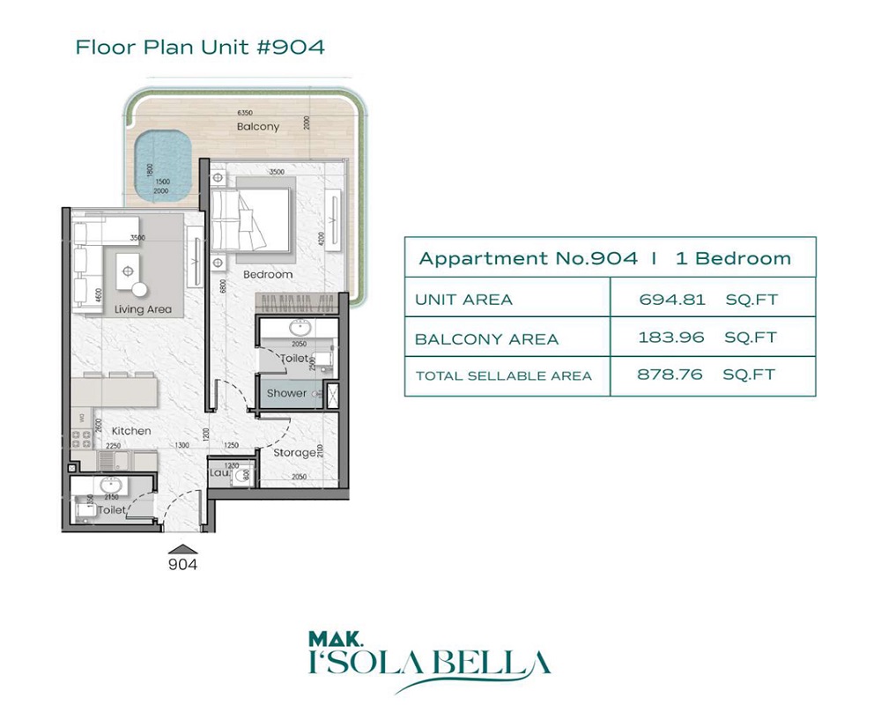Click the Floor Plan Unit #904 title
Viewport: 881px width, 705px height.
click(200, 47)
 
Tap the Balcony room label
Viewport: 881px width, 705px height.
click(258, 126)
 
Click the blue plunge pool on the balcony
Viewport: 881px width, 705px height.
click(164, 164)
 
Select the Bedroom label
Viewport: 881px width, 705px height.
click(269, 274)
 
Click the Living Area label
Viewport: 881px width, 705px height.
click(143, 309)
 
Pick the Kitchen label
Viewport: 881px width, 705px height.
click(131, 431)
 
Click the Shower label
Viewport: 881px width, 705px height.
click(286, 393)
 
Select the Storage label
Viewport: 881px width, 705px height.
click(294, 452)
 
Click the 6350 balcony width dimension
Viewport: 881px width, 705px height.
click(244, 113)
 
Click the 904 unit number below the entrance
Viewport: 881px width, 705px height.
click(182, 565)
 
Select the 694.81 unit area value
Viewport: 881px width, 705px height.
click(673, 300)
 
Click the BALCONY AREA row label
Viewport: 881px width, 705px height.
click(486, 338)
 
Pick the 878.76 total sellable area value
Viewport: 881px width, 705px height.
click(670, 375)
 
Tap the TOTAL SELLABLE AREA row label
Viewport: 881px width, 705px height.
click(503, 375)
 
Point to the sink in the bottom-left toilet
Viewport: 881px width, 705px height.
click(112, 486)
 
